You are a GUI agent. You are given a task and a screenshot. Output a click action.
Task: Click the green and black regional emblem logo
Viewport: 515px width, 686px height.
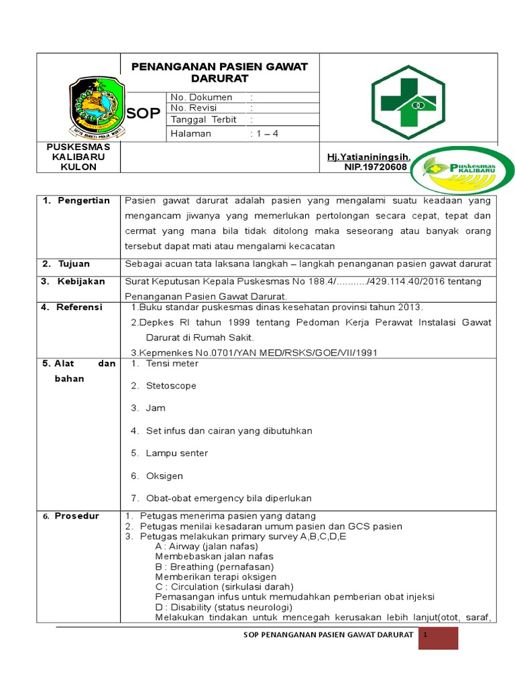click(97, 106)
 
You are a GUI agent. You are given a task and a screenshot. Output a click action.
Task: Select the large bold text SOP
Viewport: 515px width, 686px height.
click(144, 114)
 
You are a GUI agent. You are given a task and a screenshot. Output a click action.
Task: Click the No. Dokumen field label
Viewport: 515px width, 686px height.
click(201, 97)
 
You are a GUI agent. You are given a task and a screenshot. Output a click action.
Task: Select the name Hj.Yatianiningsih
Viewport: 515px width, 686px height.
click(368, 157)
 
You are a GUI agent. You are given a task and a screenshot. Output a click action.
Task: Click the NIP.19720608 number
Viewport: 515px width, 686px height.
click(376, 167)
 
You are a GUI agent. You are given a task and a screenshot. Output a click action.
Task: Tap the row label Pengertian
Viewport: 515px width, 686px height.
click(83, 201)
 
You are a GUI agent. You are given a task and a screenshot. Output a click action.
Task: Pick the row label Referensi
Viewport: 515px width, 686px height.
click(79, 307)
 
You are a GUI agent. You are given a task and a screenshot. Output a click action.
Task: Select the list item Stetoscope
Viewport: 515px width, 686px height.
click(171, 386)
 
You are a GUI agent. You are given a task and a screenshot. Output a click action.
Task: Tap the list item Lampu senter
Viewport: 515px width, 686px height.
click(177, 454)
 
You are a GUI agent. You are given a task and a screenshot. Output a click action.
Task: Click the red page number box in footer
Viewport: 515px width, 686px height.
click(438, 638)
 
